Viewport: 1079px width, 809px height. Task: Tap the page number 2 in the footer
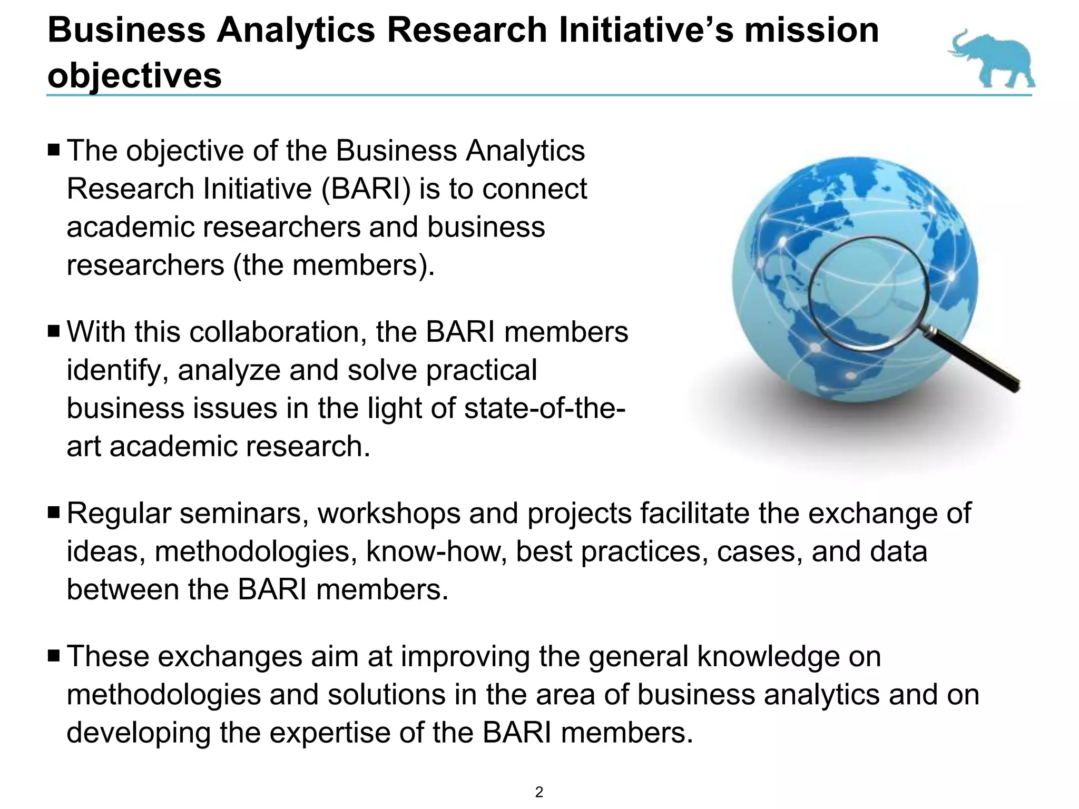[539, 792]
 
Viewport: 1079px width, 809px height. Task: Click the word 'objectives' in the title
[134, 76]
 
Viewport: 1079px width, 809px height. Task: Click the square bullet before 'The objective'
[54, 151]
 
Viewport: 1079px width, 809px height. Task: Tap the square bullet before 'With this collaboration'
[54, 332]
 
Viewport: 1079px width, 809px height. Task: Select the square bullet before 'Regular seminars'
[54, 513]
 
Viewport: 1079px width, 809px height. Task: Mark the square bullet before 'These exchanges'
[54, 656]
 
